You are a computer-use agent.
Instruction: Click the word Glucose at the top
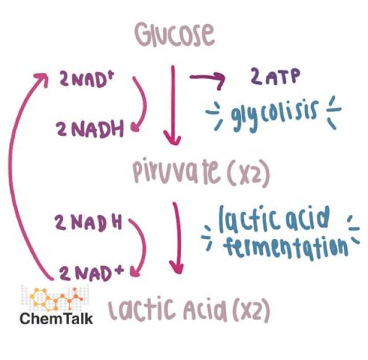point(175,35)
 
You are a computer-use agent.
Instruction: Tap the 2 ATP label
point(275,76)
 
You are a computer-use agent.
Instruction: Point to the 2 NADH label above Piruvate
point(89,129)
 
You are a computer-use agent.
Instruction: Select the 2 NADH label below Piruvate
point(88,222)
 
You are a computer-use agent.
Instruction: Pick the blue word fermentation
point(285,248)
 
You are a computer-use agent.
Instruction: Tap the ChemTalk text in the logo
point(56,319)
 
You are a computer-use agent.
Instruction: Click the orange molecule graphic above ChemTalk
point(56,297)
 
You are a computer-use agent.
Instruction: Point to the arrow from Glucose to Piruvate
point(173,106)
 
